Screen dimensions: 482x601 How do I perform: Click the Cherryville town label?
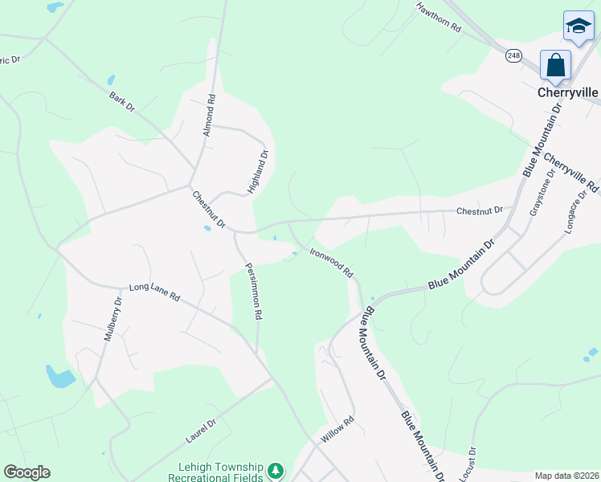point(567,92)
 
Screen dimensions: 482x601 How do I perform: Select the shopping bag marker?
point(556,65)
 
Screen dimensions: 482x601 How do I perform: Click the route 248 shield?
point(514,55)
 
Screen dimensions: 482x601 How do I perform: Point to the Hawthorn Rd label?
point(438,17)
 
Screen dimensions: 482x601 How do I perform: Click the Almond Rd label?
point(210,115)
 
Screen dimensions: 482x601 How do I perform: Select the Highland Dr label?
point(257,172)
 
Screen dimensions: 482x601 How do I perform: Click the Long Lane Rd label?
point(154,292)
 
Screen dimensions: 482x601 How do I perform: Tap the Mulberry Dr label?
point(112,320)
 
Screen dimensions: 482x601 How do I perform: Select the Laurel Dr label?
point(202,431)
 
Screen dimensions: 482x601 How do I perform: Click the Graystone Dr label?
point(541,192)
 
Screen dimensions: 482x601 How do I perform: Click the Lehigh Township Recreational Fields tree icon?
point(276,469)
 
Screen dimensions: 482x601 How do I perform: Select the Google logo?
point(27,472)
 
